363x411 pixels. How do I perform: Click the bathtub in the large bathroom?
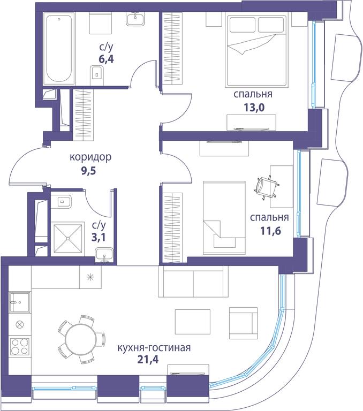pos(58,49)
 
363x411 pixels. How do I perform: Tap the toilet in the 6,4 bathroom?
pos(96,73)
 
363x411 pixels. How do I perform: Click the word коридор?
pos(90,157)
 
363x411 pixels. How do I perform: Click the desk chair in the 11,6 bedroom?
pos(267,186)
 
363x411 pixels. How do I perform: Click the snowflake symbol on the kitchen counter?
pos(89,277)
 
